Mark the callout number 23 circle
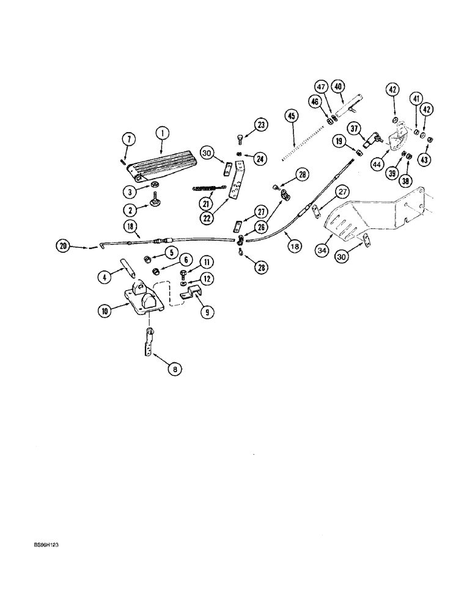coord(260,125)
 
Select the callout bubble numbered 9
coord(208,311)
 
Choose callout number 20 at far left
coord(62,246)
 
